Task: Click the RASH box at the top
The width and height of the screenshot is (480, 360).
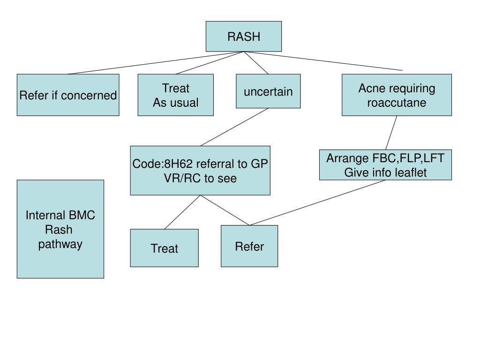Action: coord(244,37)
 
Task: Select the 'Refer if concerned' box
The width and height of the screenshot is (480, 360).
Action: coord(68,95)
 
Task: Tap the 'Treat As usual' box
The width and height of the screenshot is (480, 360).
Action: coord(176,95)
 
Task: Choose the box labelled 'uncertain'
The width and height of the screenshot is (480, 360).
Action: coord(268,91)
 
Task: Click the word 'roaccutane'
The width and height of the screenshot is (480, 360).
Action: coord(397,103)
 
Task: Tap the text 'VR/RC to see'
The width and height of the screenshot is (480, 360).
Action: coord(200,178)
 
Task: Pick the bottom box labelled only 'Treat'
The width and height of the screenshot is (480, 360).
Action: coord(165,248)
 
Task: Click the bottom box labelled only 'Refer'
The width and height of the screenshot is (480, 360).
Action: coord(249,246)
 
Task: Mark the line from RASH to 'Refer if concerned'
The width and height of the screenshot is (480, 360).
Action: coord(156,63)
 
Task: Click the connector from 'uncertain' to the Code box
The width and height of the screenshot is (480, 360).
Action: coord(234,127)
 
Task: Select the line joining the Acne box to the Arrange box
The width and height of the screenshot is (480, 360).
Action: coord(391,133)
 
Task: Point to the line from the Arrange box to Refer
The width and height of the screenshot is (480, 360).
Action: coord(317,202)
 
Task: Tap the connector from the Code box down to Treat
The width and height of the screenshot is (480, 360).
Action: coord(182,212)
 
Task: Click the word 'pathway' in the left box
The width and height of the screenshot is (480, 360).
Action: coord(60,244)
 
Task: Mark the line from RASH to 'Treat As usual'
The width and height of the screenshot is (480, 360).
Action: coord(210,63)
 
